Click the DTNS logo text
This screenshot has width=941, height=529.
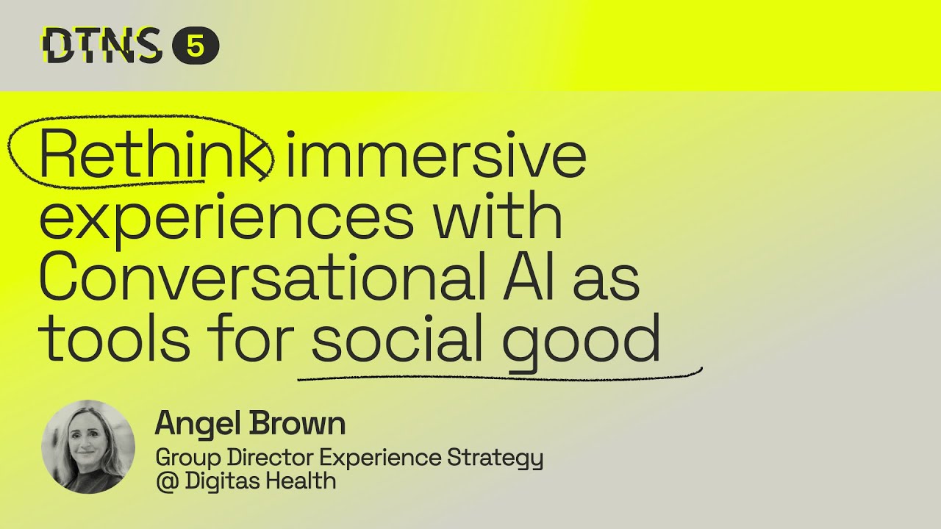(101, 46)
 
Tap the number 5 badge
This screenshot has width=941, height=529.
(196, 47)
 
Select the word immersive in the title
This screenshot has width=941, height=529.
(435, 157)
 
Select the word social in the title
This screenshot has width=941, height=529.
(398, 340)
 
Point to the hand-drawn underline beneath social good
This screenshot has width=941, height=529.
(500, 378)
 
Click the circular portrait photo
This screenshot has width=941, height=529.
(88, 447)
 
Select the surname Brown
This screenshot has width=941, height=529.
(298, 425)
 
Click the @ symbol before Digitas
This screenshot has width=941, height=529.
(165, 482)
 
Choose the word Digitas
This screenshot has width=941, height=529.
(222, 481)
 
